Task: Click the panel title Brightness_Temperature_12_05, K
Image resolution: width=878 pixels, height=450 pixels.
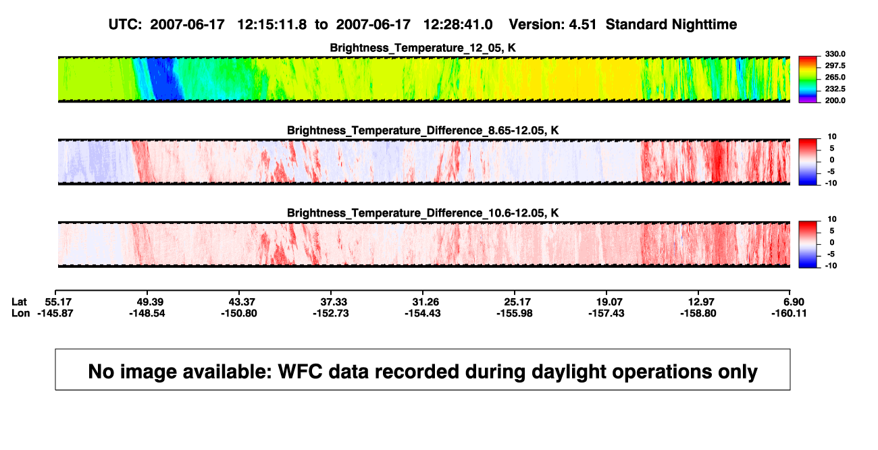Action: coord(423,48)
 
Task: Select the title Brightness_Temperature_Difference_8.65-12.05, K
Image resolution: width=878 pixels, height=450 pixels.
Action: coord(423,130)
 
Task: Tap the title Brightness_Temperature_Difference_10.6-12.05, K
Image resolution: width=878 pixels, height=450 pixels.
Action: coord(423,213)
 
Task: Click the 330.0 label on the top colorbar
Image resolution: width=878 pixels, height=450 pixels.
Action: coord(835,54)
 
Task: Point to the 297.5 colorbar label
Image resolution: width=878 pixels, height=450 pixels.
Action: coord(835,65)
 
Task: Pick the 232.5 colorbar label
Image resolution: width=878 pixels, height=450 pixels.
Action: coord(835,89)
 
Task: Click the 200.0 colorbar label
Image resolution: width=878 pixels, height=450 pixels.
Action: coord(835,101)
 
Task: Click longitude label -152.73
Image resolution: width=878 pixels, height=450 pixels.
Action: coord(331,313)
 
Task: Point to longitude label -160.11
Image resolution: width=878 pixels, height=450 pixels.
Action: coord(789,313)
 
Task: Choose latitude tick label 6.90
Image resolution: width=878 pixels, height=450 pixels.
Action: coord(794,302)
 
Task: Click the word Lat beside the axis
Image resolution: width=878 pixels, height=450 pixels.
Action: coord(19,302)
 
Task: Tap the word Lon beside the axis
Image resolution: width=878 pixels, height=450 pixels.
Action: coord(20,313)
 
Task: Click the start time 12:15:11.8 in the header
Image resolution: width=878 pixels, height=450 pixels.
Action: coord(272,24)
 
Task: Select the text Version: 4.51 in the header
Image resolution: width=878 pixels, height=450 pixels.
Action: coord(552,24)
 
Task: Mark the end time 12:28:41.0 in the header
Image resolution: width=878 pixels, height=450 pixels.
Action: coord(458,24)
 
